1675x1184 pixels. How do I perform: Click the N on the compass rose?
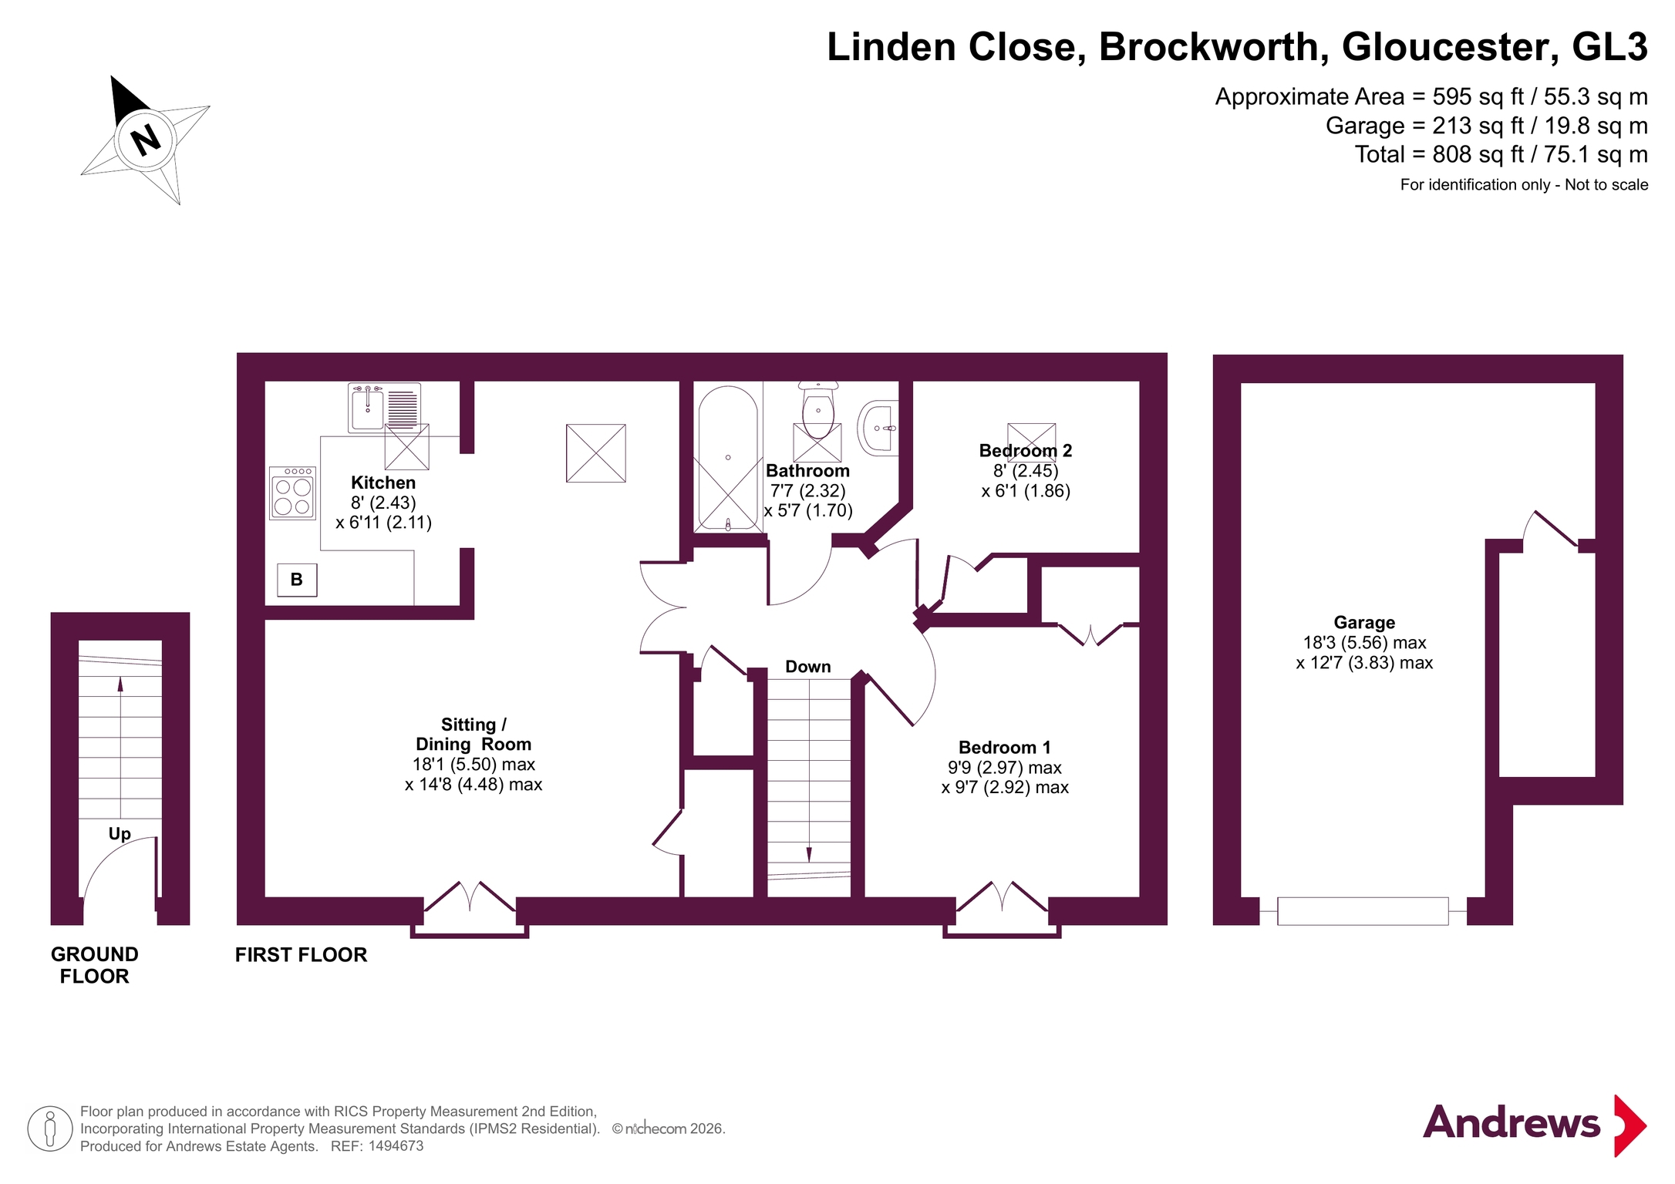tap(145, 140)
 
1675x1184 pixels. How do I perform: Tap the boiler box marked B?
tap(297, 580)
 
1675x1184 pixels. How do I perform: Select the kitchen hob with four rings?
tap(293, 493)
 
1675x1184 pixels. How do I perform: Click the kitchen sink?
tap(384, 408)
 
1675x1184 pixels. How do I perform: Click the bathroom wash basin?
tap(878, 428)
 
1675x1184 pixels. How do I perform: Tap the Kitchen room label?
tap(383, 483)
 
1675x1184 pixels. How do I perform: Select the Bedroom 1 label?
tap(1004, 747)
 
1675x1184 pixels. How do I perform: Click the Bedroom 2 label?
tap(1026, 450)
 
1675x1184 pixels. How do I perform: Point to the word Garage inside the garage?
tap(1364, 622)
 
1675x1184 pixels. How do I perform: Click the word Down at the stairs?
tap(807, 667)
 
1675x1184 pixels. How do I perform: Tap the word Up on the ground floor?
tap(120, 833)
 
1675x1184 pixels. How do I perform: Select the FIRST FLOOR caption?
tap(301, 954)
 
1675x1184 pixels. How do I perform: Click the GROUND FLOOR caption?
tap(95, 965)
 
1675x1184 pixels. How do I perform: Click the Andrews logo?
tap(1534, 1125)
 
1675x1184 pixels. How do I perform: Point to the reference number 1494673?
tap(396, 1146)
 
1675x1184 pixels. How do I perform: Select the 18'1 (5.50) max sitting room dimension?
tap(474, 764)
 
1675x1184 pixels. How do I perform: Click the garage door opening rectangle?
tap(1363, 911)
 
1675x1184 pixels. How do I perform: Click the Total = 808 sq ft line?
tap(1501, 154)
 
